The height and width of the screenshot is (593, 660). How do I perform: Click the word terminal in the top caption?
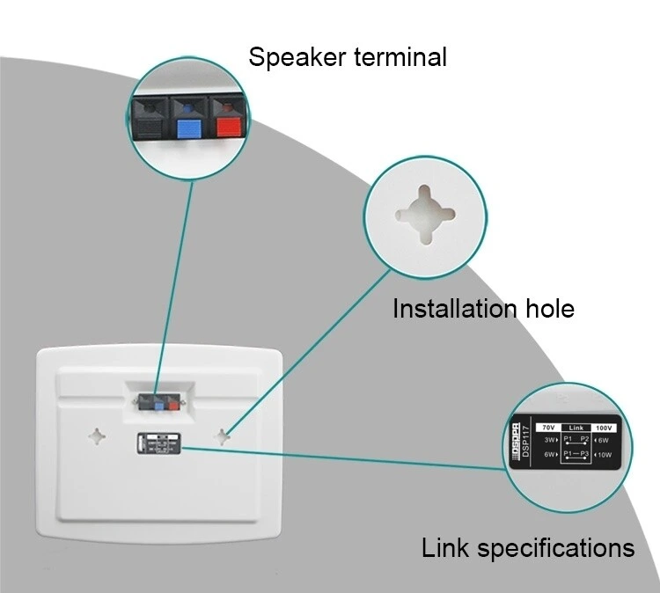pos(400,58)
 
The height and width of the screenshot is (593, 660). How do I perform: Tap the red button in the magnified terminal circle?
pos(230,126)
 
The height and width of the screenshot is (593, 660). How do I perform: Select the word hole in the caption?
pos(549,309)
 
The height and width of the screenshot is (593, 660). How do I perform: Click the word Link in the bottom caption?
pos(446,548)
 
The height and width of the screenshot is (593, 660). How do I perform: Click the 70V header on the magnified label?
pos(548,428)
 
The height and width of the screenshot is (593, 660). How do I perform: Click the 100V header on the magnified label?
pos(604,428)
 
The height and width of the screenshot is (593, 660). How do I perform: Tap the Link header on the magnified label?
pos(576,428)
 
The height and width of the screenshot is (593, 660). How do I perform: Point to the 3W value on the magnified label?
pos(550,439)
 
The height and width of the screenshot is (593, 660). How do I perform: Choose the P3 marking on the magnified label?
pos(585,454)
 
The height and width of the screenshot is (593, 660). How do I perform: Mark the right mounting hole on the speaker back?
pos(224,434)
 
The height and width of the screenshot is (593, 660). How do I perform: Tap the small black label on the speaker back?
pos(158,443)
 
